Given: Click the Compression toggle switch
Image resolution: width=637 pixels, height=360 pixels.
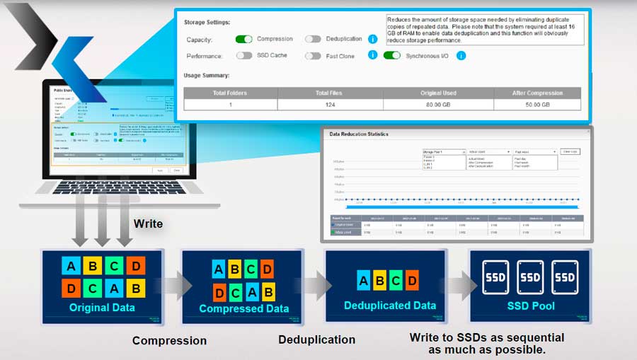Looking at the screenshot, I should tap(243, 39).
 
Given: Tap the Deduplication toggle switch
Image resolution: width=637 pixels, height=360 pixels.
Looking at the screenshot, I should tap(313, 39).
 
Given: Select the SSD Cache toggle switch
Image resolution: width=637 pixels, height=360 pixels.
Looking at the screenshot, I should tap(243, 55).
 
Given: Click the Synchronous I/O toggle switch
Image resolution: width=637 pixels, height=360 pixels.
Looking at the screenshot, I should tap(391, 55).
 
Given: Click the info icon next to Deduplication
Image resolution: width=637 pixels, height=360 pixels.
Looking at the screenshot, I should tap(373, 39).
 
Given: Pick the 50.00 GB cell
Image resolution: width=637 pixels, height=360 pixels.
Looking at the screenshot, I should tap(536, 105).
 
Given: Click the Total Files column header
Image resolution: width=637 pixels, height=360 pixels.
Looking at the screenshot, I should tap(331, 93).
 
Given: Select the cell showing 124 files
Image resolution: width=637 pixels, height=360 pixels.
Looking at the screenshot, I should tap(331, 105).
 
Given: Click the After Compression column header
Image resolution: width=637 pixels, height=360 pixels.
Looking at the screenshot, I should tap(536, 93).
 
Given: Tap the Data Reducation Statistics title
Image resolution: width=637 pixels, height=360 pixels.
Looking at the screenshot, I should tap(359, 134).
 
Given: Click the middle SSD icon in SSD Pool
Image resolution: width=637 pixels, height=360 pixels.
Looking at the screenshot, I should tap(530, 277).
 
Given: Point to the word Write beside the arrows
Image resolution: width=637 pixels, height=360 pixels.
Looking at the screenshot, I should tap(148, 223).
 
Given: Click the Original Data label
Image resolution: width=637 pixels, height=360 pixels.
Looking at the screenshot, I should tap(103, 308).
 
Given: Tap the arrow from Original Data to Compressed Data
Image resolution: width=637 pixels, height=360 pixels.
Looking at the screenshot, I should tap(173, 285).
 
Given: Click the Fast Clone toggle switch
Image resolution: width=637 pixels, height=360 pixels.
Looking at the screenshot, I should tap(313, 55).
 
